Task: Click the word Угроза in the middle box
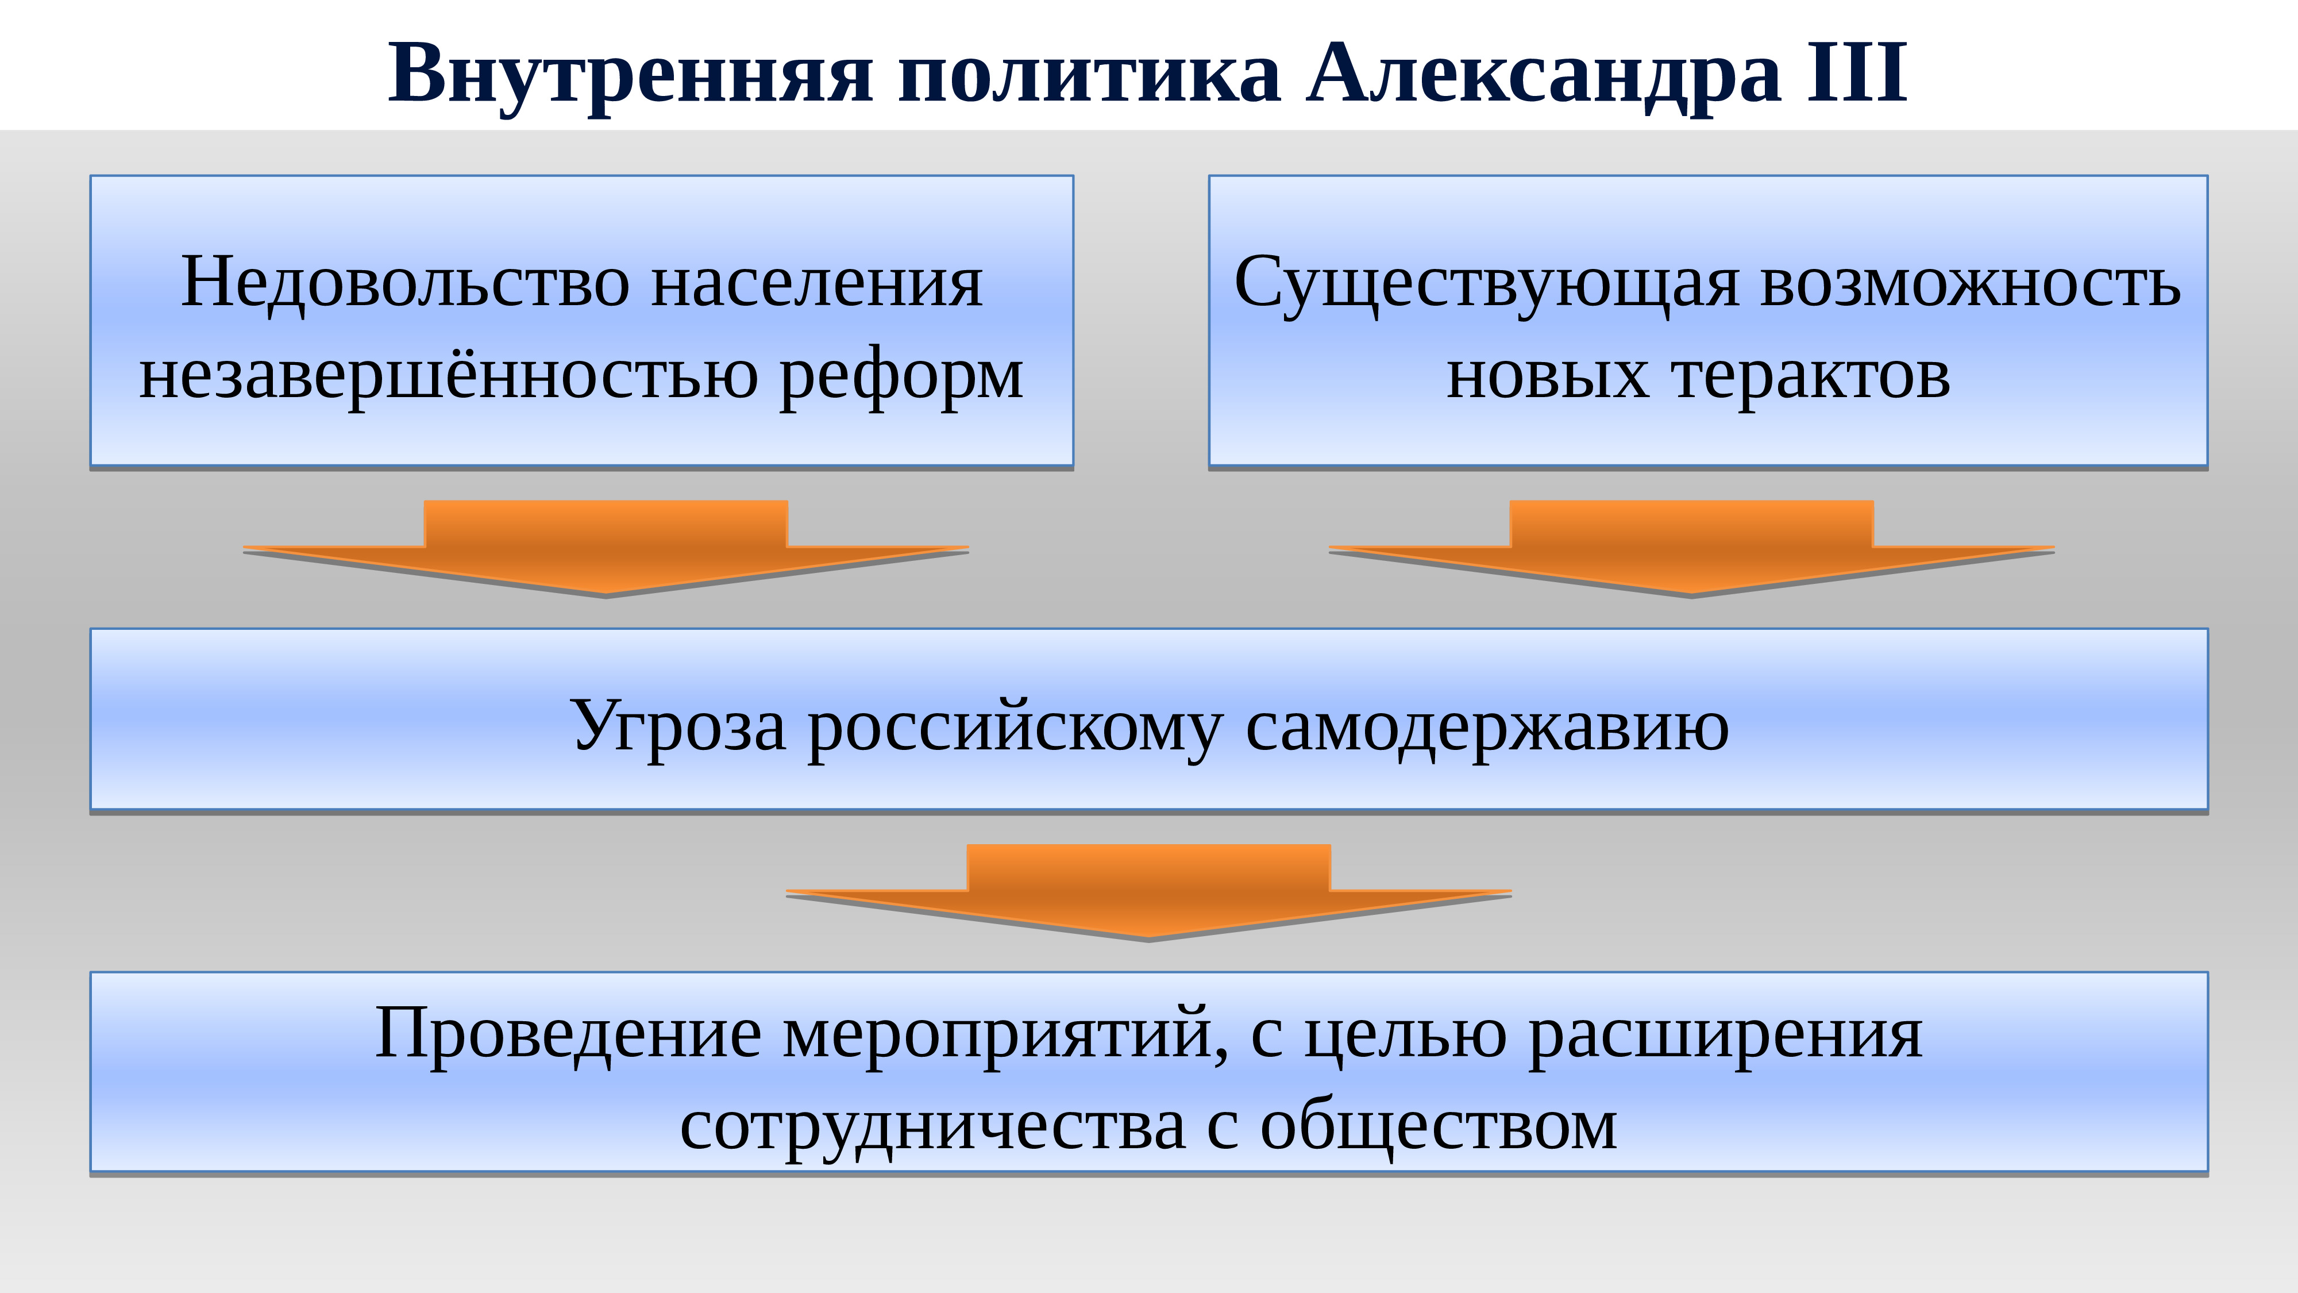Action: click(x=678, y=725)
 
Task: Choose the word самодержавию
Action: click(x=1487, y=725)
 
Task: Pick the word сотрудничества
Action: click(x=932, y=1126)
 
